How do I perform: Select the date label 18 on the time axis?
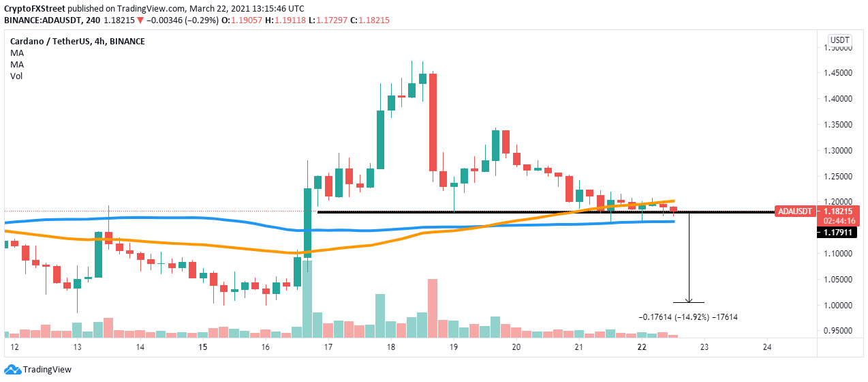click(390, 347)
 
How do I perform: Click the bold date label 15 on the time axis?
click(202, 347)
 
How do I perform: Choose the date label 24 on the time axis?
click(766, 347)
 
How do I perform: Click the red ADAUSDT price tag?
click(794, 211)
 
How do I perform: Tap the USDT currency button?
click(837, 40)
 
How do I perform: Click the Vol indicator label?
click(16, 76)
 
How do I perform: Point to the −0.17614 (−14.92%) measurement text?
click(688, 317)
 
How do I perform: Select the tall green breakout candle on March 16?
click(307, 222)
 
